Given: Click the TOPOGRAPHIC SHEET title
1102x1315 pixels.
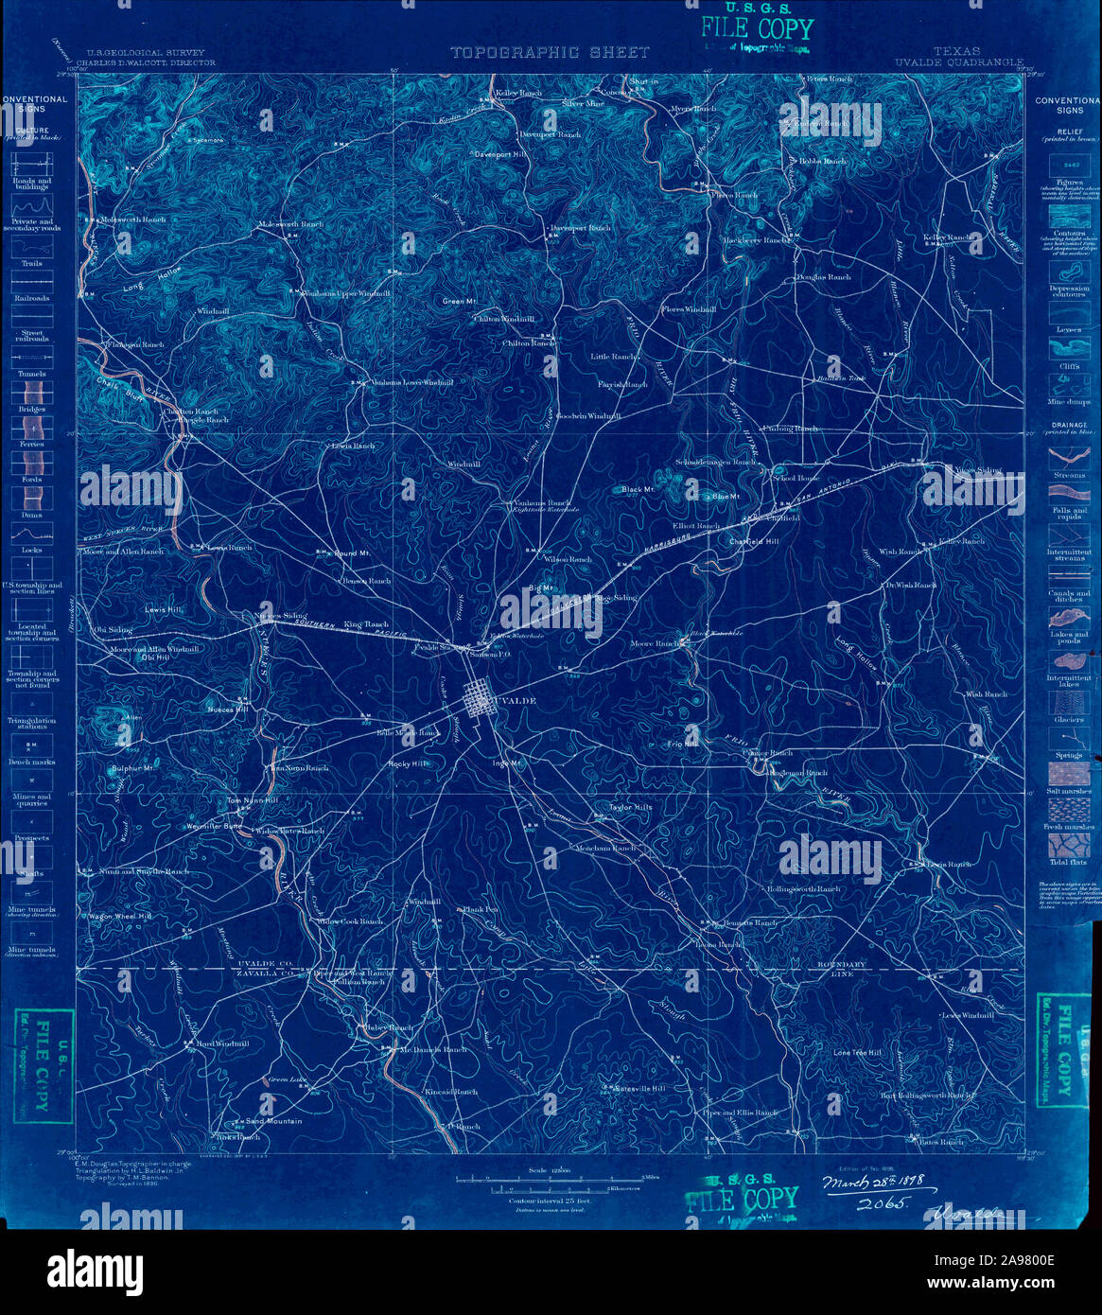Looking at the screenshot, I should pos(550,53).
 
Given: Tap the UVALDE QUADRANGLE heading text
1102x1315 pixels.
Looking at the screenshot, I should pos(958,62).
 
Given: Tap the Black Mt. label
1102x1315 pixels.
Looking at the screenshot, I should pos(638,489).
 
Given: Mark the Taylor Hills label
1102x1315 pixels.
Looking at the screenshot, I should pos(631,808).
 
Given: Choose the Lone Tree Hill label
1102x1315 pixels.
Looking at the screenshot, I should pos(857,1053).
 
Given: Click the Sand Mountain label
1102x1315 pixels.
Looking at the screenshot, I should pos(273,1121).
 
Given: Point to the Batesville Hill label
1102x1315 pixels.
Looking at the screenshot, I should pos(641,1089).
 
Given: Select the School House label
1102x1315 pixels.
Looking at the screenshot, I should pos(795,479).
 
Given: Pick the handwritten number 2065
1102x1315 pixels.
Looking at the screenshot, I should pos(882,1203).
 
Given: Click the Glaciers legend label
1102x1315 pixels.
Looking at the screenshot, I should pos(1068,720).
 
